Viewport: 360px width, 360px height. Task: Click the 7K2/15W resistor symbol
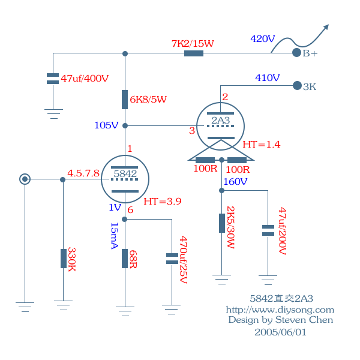pos(193,53)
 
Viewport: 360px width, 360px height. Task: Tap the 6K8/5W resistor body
pos(125,99)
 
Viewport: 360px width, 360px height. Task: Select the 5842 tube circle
pos(125,179)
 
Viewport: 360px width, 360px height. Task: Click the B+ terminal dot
pos(296,53)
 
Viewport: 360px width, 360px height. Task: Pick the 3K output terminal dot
pos(296,86)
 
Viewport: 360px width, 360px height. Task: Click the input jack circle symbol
pos(25,179)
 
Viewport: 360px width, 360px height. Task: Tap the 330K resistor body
pos(63,259)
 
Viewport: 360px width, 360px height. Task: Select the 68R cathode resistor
pos(125,259)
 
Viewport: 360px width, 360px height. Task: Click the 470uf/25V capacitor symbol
pos(172,259)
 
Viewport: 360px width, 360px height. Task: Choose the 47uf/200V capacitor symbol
pos(268,230)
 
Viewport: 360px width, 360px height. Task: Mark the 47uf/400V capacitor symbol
pos(53,78)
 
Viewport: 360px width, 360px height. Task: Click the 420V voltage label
pos(262,39)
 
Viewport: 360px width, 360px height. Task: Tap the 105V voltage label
pos(106,125)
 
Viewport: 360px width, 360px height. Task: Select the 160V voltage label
pos(235,181)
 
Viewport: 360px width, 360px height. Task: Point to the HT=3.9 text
pos(163,201)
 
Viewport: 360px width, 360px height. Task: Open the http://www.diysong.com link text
pos(280,310)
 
